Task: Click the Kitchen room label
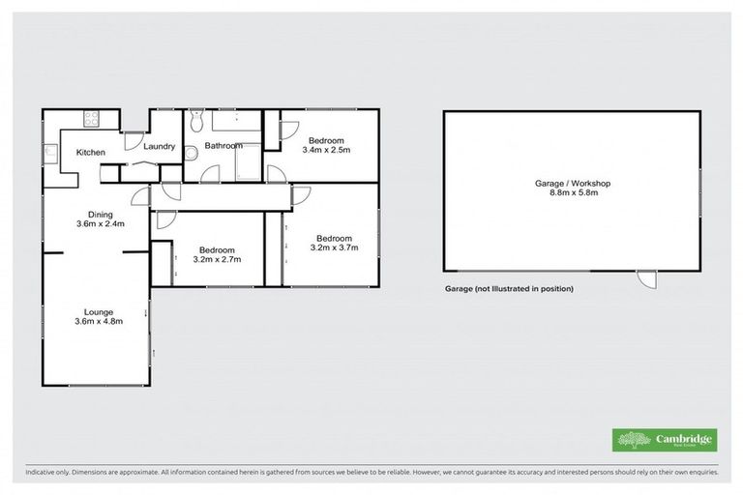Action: coord(91,153)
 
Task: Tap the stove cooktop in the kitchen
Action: coord(94,120)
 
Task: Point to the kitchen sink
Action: coord(49,152)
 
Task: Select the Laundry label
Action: coord(159,147)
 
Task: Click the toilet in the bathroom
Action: coord(195,120)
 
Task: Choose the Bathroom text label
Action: coord(222,146)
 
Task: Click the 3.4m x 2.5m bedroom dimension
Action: coord(326,150)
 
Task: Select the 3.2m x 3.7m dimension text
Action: coord(334,247)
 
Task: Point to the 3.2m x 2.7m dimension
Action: coord(217,259)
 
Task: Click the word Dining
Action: coord(101,215)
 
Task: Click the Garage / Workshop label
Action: coord(573,183)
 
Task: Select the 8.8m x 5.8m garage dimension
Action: coord(573,193)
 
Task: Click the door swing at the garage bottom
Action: coord(645,278)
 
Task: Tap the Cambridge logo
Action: coord(664,440)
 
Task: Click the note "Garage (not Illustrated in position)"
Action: coord(509,289)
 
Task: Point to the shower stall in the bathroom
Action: coord(248,162)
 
